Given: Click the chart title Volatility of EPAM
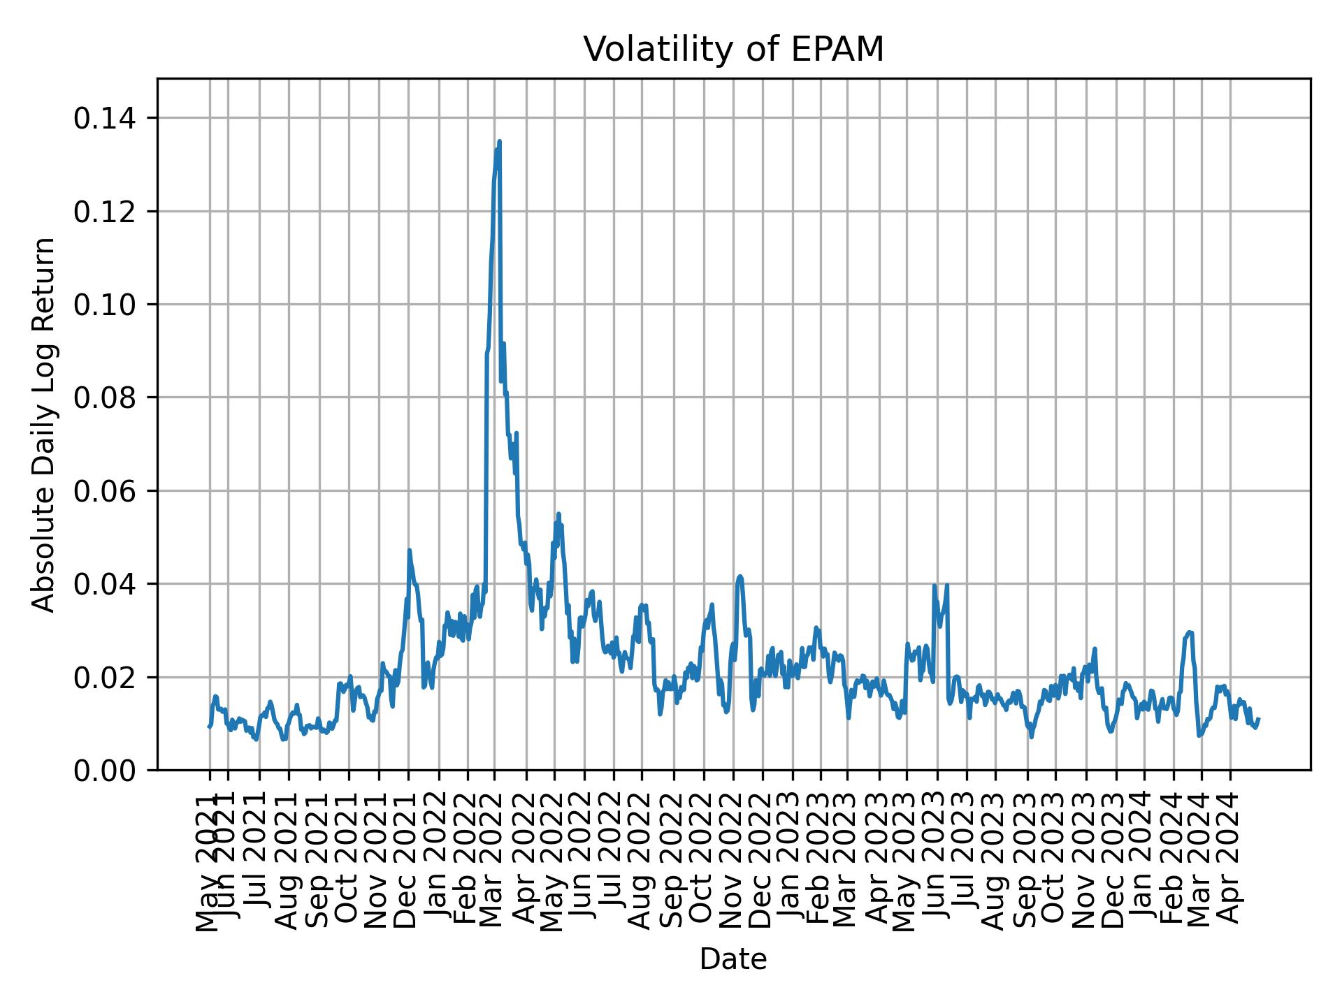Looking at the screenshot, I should point(733,50).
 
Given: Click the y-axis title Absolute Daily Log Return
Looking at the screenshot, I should point(44,424).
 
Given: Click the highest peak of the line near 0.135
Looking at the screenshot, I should point(499,142).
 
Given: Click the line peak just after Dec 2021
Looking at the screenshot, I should point(410,551).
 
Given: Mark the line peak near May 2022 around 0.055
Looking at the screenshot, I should point(558,514).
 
